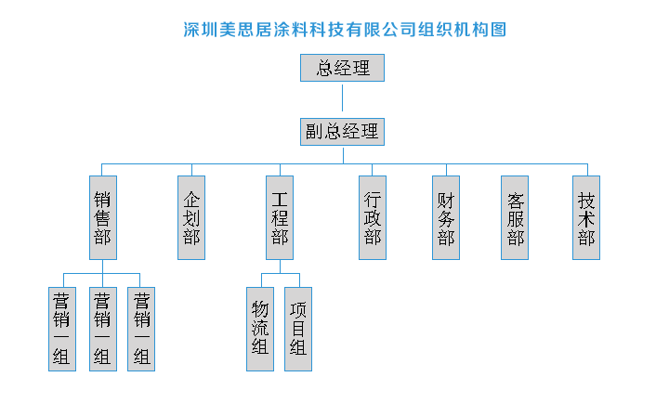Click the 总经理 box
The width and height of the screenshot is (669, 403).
click(342, 68)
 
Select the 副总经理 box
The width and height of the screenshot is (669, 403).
click(342, 131)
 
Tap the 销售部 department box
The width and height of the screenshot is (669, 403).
click(102, 217)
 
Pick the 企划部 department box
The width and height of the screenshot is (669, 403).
click(191, 217)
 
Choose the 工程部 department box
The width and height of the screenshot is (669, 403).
click(279, 217)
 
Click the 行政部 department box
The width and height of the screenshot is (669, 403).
click(373, 217)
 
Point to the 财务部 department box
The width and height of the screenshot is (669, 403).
click(446, 217)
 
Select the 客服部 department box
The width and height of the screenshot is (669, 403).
click(516, 217)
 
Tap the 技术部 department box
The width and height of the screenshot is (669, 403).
click(586, 217)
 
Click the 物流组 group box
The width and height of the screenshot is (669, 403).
click(260, 329)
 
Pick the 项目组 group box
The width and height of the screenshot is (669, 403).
click(297, 329)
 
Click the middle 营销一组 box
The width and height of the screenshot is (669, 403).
click(102, 329)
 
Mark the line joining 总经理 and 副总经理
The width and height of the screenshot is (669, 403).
click(342, 98)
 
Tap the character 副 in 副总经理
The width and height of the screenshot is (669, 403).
click(314, 131)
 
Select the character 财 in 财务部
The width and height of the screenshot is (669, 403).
click(446, 199)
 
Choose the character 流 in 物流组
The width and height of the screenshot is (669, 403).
click(260, 329)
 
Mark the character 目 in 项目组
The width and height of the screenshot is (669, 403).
click(297, 329)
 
